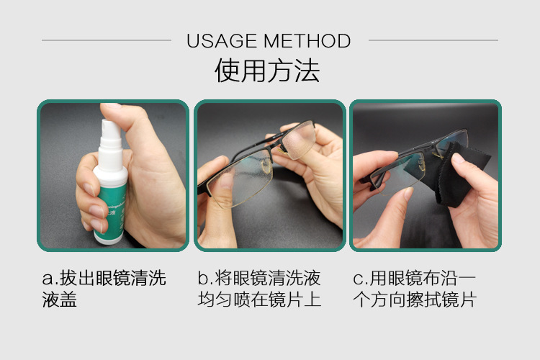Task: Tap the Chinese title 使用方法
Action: (268, 72)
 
